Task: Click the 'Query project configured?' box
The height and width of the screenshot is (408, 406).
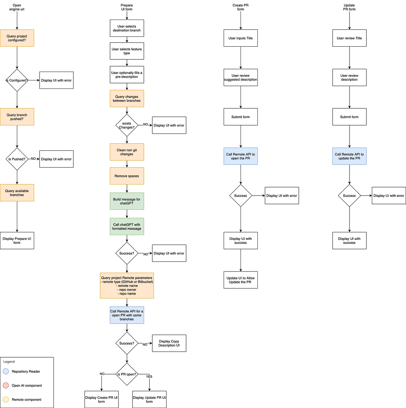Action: coord(17,38)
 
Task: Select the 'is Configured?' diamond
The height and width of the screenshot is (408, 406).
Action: coord(17,80)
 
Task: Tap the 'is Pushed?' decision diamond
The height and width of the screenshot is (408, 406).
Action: coord(17,159)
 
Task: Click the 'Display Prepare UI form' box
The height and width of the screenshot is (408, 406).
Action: coord(17,240)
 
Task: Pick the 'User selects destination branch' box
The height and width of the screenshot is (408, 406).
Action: coord(127,28)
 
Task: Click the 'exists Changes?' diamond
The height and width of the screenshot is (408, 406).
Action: coord(127,125)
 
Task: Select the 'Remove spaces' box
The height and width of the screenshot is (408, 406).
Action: coord(127,176)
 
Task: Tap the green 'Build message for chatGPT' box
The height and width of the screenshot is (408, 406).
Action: coord(127,201)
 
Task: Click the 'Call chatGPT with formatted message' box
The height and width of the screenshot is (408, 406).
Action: coord(127,227)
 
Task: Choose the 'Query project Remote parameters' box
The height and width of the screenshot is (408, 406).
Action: coord(127,285)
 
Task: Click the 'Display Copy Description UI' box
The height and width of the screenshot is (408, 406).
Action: coord(169,343)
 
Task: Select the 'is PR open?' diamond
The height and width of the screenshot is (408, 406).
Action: coord(127,374)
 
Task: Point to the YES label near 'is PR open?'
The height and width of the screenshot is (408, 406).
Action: coord(149,377)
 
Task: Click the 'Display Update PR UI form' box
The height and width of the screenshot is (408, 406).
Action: coord(149,400)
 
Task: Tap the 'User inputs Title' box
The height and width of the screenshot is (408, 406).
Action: coord(241,38)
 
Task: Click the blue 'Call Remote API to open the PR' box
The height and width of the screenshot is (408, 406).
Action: coord(241,156)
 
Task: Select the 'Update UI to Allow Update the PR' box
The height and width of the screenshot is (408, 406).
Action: coord(241,280)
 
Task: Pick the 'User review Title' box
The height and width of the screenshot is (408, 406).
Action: coord(349,38)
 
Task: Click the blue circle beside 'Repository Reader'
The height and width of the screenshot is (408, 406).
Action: coord(6,372)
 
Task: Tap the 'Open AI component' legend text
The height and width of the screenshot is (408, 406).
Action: coord(27,385)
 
